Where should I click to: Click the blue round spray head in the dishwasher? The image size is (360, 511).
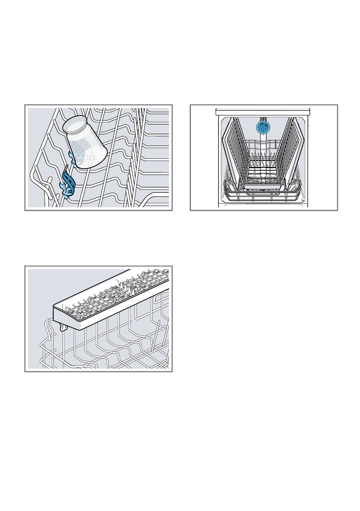click(264, 127)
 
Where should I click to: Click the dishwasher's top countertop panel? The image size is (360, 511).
click(263, 111)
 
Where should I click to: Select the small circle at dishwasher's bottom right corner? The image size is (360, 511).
click(303, 200)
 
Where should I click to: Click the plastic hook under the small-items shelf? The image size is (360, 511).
click(64, 327)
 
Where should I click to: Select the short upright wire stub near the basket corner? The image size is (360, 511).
click(49, 180)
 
